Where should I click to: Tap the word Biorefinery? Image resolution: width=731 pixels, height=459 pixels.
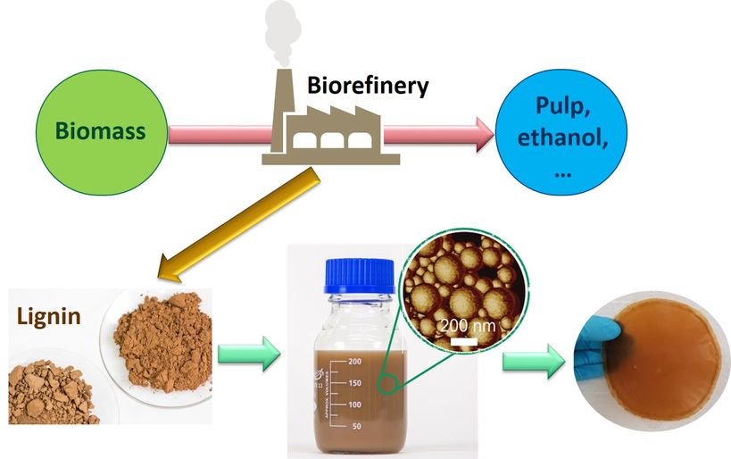click(368, 86)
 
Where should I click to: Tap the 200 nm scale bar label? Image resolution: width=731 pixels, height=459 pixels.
click(468, 325)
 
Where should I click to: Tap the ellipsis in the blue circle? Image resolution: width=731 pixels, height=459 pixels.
click(562, 171)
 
